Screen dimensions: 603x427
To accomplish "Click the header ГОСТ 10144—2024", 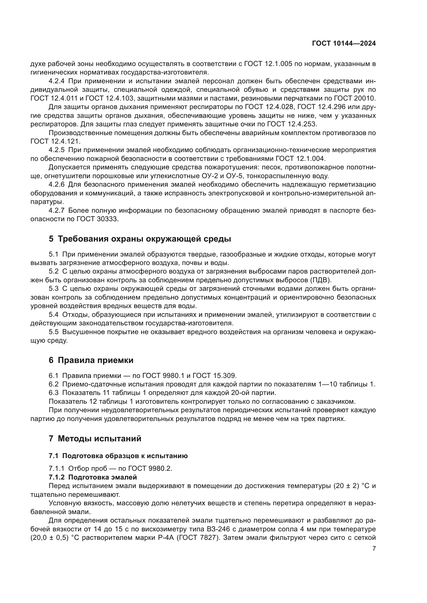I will tap(344, 44).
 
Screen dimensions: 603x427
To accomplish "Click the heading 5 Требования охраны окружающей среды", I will tap(140, 239).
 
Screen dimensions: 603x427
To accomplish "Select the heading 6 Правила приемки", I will tap(91, 360).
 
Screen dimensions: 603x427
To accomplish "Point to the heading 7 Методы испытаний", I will tap(95, 439).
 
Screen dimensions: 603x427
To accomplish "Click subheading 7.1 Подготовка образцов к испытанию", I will tap(118, 456).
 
